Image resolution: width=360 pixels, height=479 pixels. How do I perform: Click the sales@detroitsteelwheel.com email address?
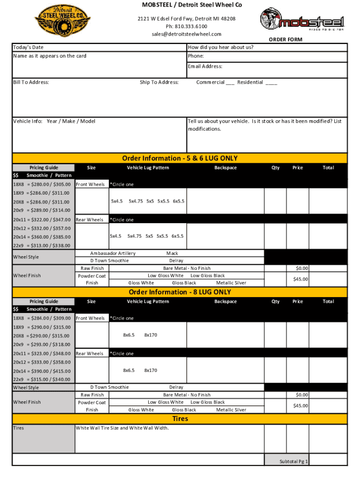tap(186, 34)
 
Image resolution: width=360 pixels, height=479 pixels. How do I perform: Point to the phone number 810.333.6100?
tap(186, 26)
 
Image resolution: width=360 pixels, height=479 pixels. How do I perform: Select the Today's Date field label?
tap(28, 48)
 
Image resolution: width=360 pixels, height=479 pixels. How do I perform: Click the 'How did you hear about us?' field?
tap(220, 48)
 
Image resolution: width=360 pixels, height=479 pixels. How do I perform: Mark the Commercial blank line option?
tap(230, 83)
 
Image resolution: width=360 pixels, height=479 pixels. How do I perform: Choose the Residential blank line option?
tap(271, 83)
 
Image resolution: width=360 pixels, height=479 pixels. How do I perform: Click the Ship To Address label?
tap(159, 82)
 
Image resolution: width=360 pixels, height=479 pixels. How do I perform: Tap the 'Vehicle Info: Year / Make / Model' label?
tap(54, 122)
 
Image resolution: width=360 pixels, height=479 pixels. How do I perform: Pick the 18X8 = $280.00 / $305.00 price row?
tap(42, 184)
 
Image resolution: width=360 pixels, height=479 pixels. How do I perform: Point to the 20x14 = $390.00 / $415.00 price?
tap(42, 371)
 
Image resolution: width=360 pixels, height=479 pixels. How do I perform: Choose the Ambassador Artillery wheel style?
tap(113, 253)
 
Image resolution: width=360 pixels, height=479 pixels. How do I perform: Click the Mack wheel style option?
tap(172, 253)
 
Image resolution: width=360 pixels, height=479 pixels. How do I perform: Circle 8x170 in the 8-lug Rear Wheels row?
tap(151, 370)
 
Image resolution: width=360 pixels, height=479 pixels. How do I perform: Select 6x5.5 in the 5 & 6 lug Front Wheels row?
tap(178, 201)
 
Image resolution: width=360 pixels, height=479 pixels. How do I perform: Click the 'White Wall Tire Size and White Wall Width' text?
tap(122, 428)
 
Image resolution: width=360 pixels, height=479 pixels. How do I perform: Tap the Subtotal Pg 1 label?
tap(294, 461)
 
